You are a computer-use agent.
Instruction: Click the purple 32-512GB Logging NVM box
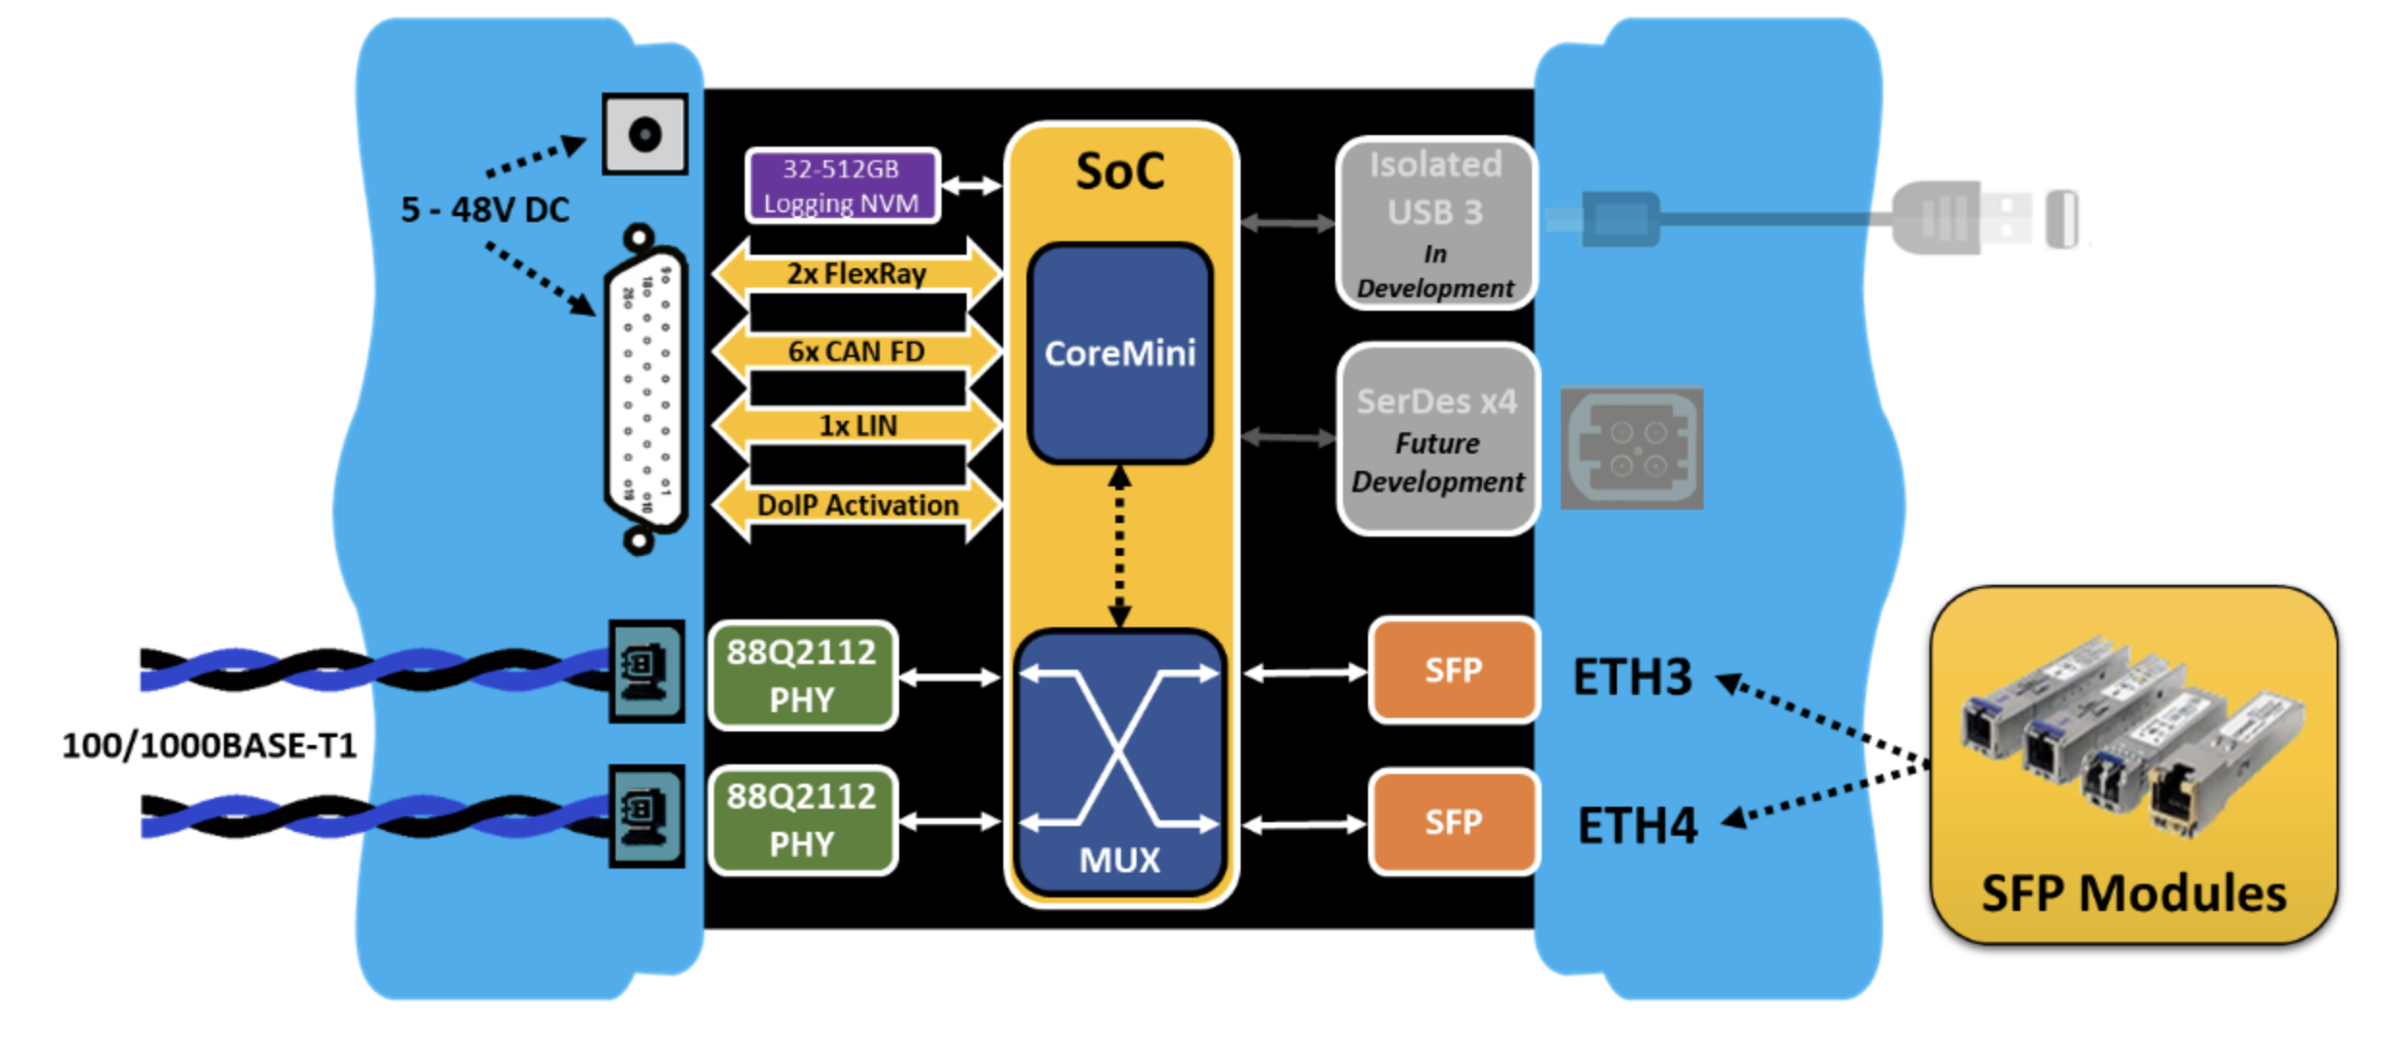tap(841, 185)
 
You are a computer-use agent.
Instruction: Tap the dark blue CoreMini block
tap(1119, 353)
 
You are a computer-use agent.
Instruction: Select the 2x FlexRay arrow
tap(857, 274)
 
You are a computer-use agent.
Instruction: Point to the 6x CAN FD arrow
tap(857, 351)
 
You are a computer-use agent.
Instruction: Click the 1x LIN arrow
tap(857, 426)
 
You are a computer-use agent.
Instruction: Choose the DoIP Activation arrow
tap(857, 505)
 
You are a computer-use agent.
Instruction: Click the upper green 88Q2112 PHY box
tap(803, 676)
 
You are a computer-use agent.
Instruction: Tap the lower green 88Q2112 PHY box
tap(803, 820)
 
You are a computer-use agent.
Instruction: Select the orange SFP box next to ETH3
tap(1453, 671)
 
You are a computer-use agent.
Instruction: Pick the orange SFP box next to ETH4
tap(1453, 822)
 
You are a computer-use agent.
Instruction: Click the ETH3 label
tap(1632, 677)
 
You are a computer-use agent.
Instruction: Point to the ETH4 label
tap(1636, 826)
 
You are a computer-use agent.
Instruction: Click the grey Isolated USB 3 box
tap(1436, 224)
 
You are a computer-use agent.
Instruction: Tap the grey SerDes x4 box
tap(1437, 440)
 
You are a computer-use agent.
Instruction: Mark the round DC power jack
tap(644, 134)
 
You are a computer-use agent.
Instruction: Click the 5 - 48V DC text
tap(484, 209)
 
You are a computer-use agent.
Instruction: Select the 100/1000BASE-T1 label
tap(209, 746)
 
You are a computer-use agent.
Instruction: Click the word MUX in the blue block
tap(1119, 859)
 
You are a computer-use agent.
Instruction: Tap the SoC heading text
tap(1119, 172)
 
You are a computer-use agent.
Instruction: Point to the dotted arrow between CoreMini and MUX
tap(1119, 546)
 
